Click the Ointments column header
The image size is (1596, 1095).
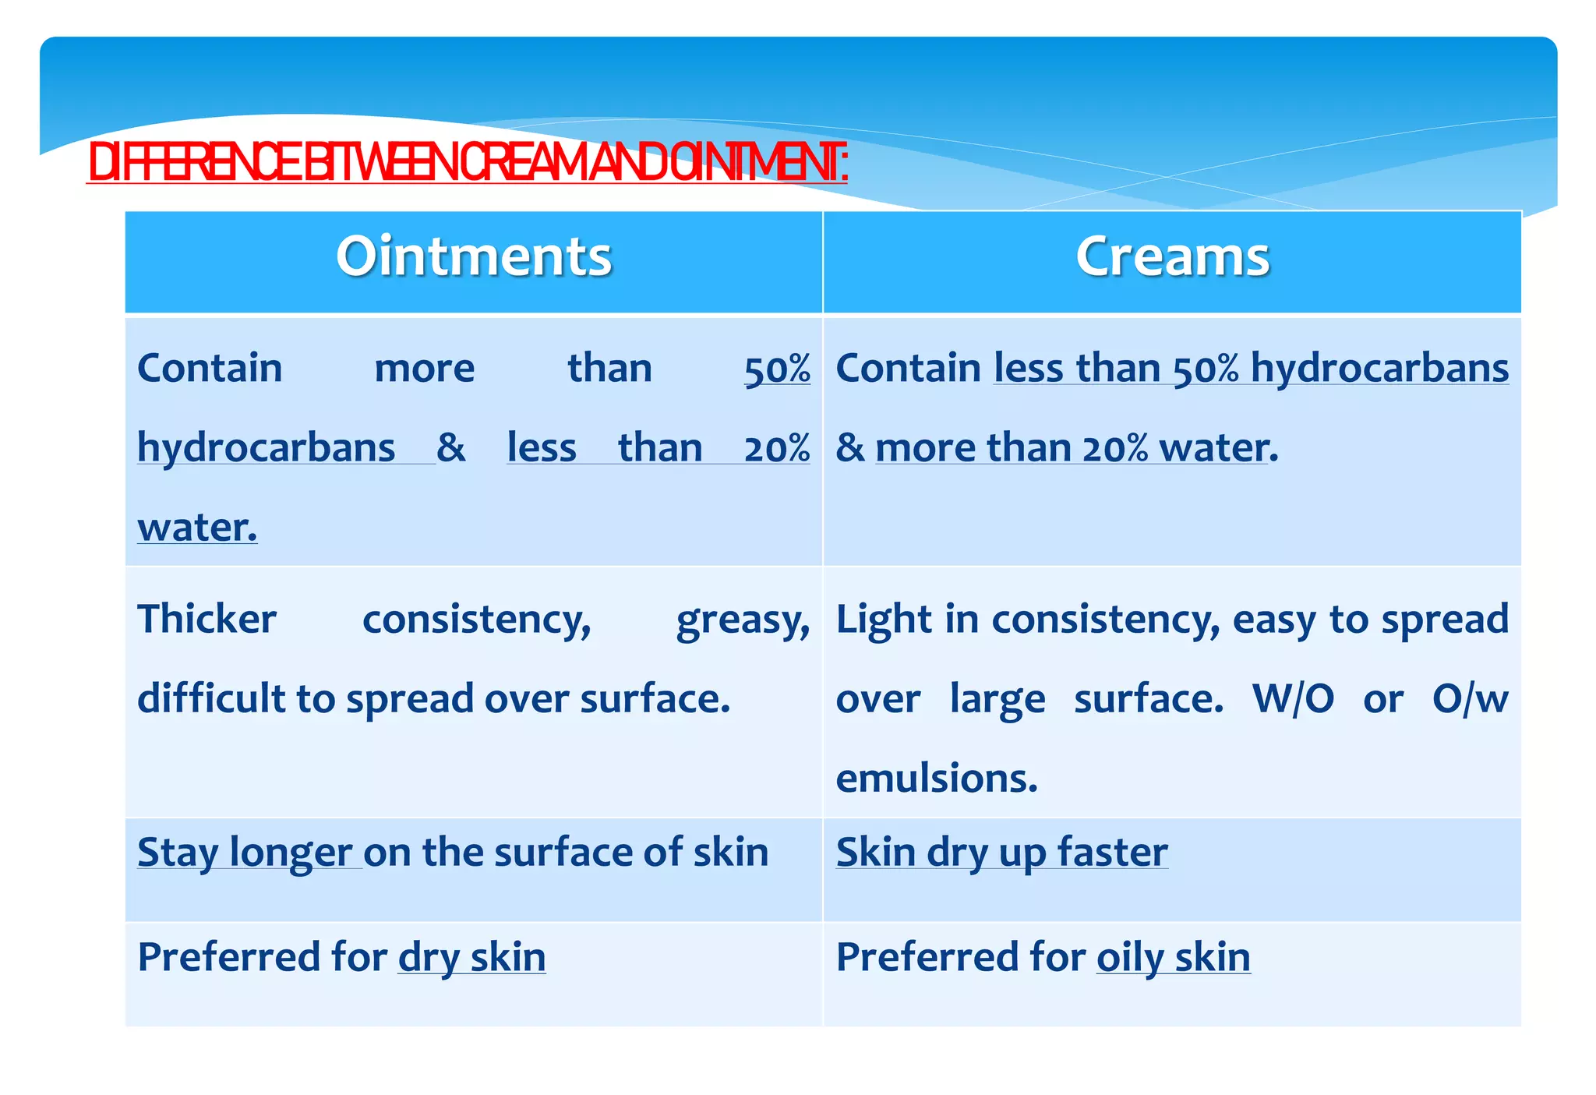point(474,257)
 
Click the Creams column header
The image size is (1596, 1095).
point(1172,257)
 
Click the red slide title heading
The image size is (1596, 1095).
point(468,164)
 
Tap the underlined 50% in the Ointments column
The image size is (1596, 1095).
point(777,369)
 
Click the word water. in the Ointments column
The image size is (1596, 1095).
point(197,528)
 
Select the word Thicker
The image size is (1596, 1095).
point(207,620)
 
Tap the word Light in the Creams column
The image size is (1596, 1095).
point(883,620)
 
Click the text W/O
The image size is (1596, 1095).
point(1293,699)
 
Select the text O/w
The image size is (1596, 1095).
point(1470,699)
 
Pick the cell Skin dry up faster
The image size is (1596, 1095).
point(1001,852)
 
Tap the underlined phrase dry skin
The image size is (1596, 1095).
point(471,958)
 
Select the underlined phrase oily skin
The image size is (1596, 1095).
point(1173,958)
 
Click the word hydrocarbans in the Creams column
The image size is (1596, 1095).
point(1379,369)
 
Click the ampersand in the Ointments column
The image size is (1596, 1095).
point(450,448)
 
